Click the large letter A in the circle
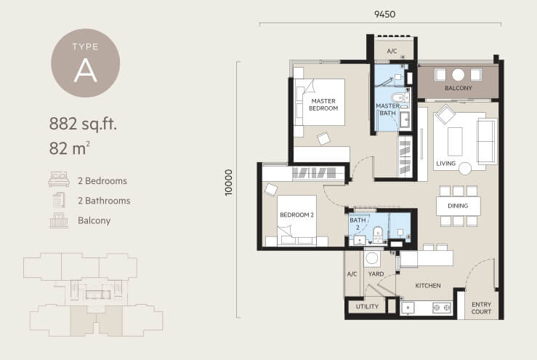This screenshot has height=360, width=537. coord(86,71)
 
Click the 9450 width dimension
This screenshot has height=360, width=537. coord(384,14)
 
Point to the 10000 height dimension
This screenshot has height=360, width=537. coord(228,183)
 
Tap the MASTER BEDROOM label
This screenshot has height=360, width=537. coord(323,105)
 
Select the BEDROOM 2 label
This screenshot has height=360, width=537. coord(296,215)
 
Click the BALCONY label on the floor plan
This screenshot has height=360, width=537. coord(459,88)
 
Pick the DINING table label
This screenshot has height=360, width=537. coord(458,206)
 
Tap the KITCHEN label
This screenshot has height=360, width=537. coord(428,286)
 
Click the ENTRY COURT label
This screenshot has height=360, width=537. coord(481,308)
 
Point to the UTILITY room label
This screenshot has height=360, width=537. coord(367,306)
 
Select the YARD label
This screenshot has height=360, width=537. coord(376,274)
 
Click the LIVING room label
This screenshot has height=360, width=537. coord(446,163)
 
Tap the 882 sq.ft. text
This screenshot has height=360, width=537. coord(83,124)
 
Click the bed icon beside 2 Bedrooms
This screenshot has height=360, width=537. coord(59,179)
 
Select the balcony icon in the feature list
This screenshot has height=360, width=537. coord(59,220)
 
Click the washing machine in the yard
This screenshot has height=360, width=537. coord(372,258)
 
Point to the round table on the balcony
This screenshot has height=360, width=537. coord(458,75)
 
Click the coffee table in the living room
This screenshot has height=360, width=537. coord(455,141)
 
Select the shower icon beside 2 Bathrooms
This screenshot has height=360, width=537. coord(59,200)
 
